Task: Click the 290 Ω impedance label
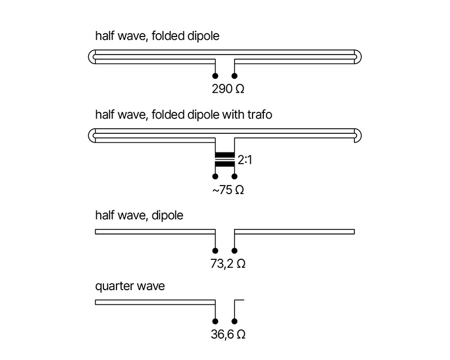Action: (x=228, y=89)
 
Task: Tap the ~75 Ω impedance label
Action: (x=228, y=190)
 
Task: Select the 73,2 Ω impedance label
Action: (x=228, y=263)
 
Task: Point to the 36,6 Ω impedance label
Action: (x=228, y=335)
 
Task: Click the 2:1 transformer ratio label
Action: (x=245, y=160)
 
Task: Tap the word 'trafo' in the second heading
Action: (x=260, y=115)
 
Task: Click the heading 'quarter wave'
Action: (x=129, y=286)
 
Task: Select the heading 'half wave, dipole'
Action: (x=139, y=215)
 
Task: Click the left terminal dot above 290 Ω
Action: (x=215, y=76)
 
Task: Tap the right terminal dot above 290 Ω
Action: (x=235, y=76)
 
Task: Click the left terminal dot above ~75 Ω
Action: (x=215, y=177)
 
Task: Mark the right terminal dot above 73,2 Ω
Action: (x=235, y=251)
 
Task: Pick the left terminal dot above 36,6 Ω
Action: (x=215, y=322)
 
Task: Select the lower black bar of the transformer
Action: (x=224, y=164)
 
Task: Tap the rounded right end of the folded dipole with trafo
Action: (x=358, y=135)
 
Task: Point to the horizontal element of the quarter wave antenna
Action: (x=155, y=303)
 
